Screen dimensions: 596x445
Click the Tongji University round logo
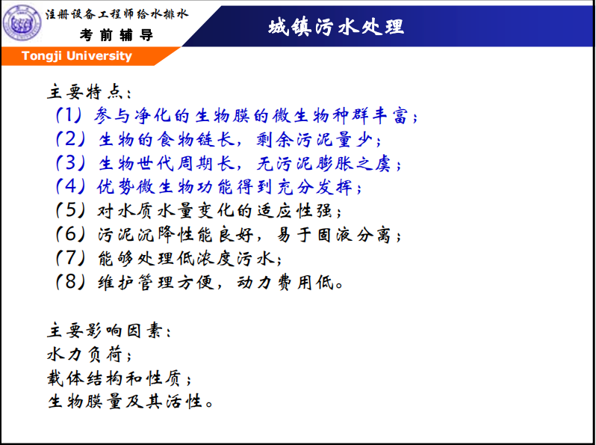(22, 23)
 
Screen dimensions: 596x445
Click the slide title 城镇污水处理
(336, 27)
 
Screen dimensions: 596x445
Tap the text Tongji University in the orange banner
(77, 56)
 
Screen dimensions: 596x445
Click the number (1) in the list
(69, 115)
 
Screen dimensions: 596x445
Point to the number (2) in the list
(71, 139)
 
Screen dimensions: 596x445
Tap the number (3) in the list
(71, 163)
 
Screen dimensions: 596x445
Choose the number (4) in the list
(71, 186)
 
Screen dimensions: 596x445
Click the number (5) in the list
(71, 210)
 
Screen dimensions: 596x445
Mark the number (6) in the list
(71, 234)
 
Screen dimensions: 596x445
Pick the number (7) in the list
(71, 258)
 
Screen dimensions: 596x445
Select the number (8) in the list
(71, 282)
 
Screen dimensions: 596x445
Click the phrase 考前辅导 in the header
(117, 35)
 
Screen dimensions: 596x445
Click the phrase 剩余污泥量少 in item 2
(314, 140)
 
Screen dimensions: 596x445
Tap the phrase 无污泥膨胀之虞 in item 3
(324, 164)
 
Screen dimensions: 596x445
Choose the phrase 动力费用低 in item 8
(285, 283)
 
